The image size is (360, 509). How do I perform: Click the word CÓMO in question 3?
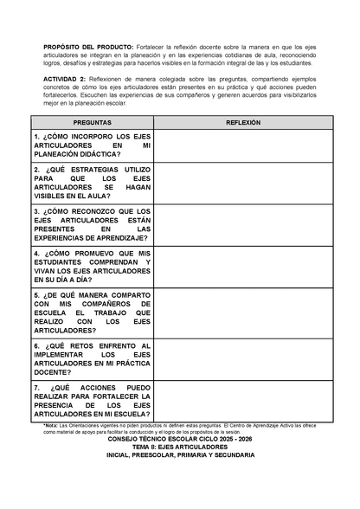(x=62, y=210)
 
